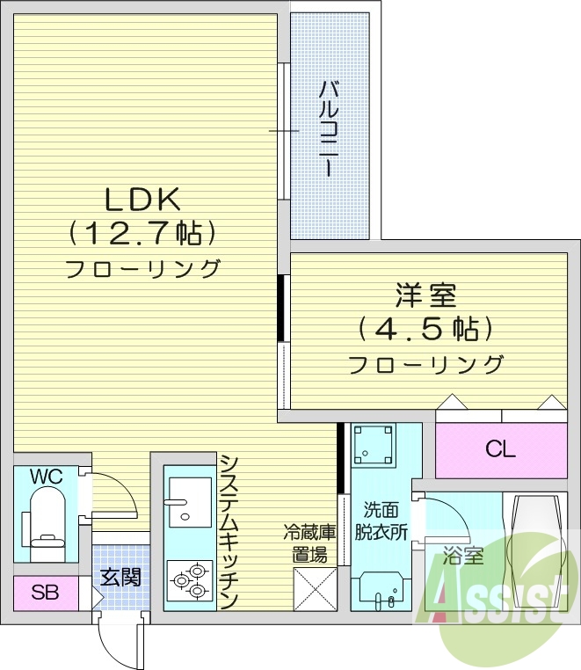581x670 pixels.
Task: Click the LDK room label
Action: tap(142, 200)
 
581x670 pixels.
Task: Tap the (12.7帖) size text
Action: tap(142, 234)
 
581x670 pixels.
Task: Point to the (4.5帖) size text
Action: tap(425, 330)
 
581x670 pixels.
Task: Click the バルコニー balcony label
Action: tap(330, 128)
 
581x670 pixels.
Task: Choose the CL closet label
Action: tap(500, 449)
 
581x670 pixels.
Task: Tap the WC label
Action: tap(46, 477)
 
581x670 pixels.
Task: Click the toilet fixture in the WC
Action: tap(45, 522)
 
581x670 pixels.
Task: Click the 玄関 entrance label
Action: tap(120, 578)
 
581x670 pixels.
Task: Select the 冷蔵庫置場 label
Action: tap(309, 543)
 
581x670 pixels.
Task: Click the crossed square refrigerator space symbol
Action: tap(315, 587)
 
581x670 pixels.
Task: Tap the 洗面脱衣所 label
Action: tap(384, 521)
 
